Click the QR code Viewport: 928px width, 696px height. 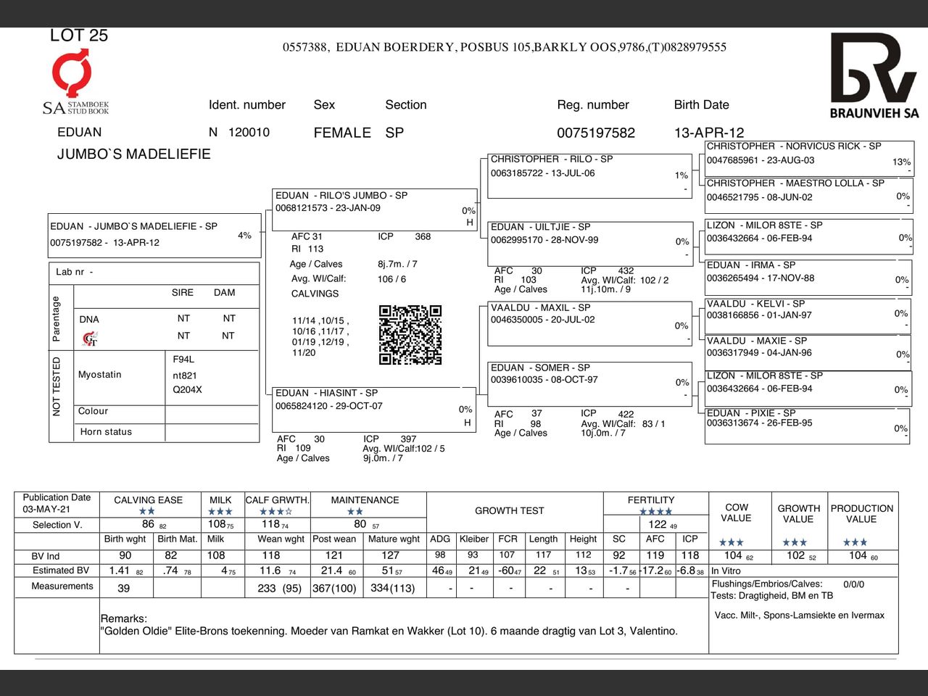coord(410,335)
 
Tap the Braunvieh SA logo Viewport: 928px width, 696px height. coord(874,75)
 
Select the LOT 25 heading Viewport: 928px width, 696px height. coord(78,36)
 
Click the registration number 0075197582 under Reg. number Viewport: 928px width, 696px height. coord(595,133)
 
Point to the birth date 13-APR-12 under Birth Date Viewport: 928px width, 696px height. coord(708,133)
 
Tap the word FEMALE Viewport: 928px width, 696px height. coord(342,133)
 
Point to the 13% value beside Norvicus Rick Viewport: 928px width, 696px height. coord(901,162)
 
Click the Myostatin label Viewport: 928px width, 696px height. coord(100,375)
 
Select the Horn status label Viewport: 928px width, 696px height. coord(106,432)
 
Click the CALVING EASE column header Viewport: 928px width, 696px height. coord(148,500)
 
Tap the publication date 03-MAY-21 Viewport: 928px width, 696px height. coord(47,509)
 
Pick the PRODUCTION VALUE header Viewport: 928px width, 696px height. coord(861,513)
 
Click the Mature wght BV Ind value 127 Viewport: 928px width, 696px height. coord(390,555)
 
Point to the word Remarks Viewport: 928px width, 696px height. coord(123,618)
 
